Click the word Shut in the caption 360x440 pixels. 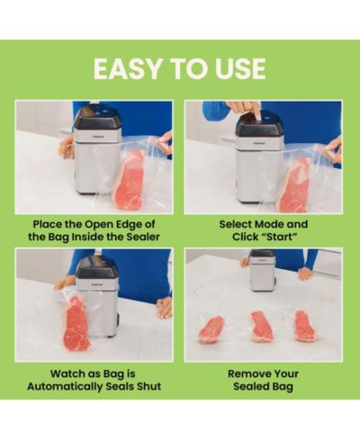tap(149, 386)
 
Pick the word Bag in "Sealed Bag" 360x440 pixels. tap(283, 386)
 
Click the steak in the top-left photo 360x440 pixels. tap(130, 181)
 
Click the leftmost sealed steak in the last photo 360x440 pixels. tap(211, 330)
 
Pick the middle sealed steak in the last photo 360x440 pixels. tap(262, 327)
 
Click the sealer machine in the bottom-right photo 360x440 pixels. tap(263, 271)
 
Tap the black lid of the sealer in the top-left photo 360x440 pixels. tap(95, 118)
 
